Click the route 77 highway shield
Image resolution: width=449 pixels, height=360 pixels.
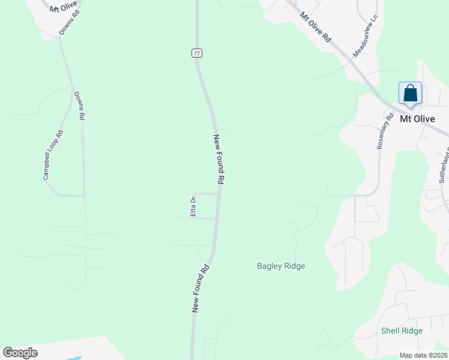pos(197,53)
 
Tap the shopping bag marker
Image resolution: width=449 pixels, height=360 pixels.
pos(411,94)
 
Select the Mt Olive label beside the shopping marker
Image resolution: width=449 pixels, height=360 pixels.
pos(417,119)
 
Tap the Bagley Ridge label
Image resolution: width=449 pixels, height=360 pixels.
pos(281,266)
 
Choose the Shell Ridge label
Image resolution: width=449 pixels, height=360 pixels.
pos(402,331)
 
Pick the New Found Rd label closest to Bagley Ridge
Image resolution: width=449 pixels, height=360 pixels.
pos(200,288)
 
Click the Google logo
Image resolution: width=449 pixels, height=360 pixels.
pos(20,353)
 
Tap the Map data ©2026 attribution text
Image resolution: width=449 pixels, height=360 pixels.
pos(423,355)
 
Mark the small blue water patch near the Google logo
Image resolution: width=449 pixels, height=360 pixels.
pos(74,358)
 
